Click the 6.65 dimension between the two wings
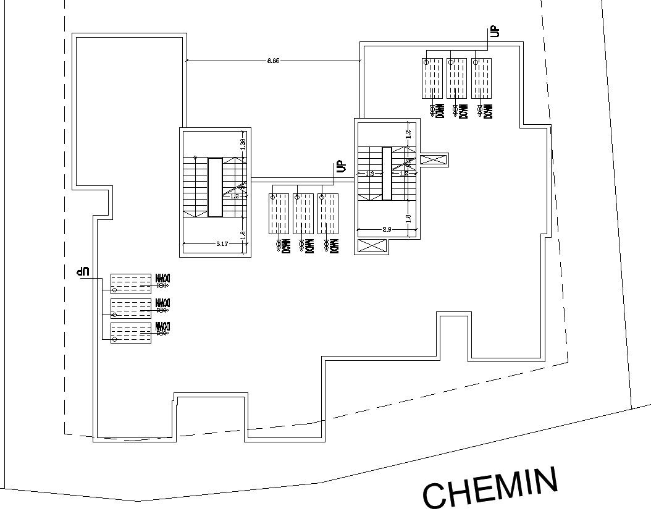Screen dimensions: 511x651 click(x=273, y=61)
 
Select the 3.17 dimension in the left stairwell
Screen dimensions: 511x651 click(x=222, y=244)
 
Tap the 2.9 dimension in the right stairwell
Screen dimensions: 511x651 click(x=387, y=230)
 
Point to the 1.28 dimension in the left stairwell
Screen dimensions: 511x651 click(x=243, y=145)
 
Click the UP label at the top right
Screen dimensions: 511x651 click(x=494, y=32)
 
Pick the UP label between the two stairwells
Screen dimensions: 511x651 click(x=340, y=166)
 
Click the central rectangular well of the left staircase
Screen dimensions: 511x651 click(x=215, y=187)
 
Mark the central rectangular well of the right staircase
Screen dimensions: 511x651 click(x=387, y=174)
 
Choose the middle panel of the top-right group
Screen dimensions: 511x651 click(x=456, y=78)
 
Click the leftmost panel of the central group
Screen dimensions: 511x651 click(x=279, y=214)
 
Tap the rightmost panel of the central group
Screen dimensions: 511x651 click(x=328, y=214)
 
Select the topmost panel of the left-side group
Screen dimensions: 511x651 click(x=130, y=283)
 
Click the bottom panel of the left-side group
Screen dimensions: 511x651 click(x=130, y=333)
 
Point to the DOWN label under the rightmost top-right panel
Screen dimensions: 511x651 click(x=488, y=111)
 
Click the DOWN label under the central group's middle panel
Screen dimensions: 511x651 click(x=309, y=246)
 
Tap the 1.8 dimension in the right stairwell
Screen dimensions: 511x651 click(x=408, y=219)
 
